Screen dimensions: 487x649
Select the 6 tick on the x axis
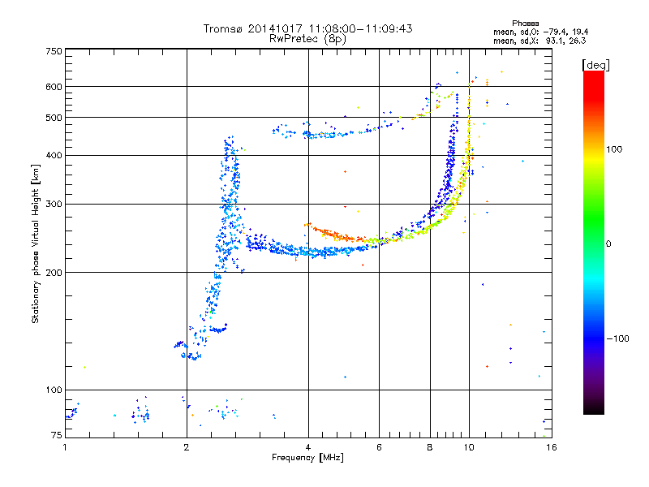point(380,447)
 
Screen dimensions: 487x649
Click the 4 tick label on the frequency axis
point(308,447)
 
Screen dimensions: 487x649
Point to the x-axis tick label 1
point(66,447)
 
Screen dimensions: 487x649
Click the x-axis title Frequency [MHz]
point(307,459)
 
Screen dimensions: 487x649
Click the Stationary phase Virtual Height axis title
point(36,243)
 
